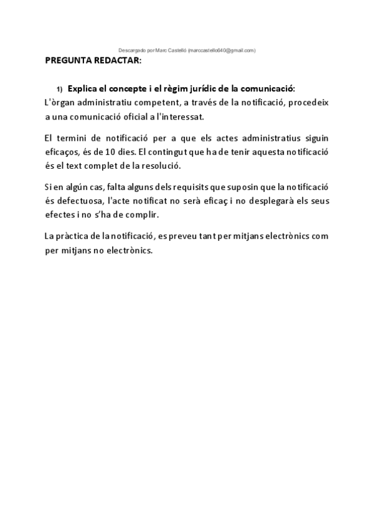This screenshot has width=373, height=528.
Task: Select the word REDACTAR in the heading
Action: [120, 61]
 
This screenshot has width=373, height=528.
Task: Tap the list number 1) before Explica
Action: [60, 88]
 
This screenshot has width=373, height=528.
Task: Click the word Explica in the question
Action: [83, 88]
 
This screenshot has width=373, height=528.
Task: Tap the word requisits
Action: [206, 187]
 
